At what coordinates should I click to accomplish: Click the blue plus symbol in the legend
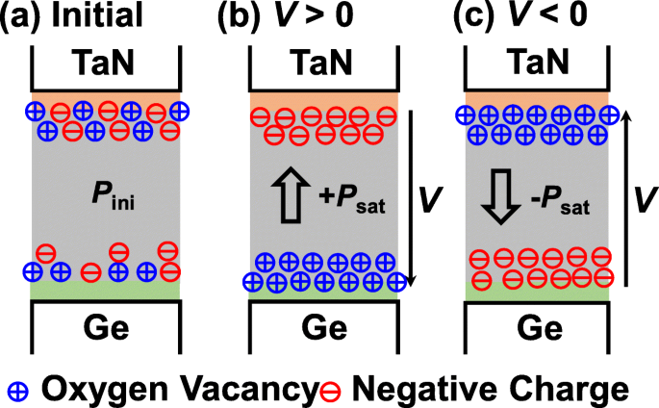(16, 389)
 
